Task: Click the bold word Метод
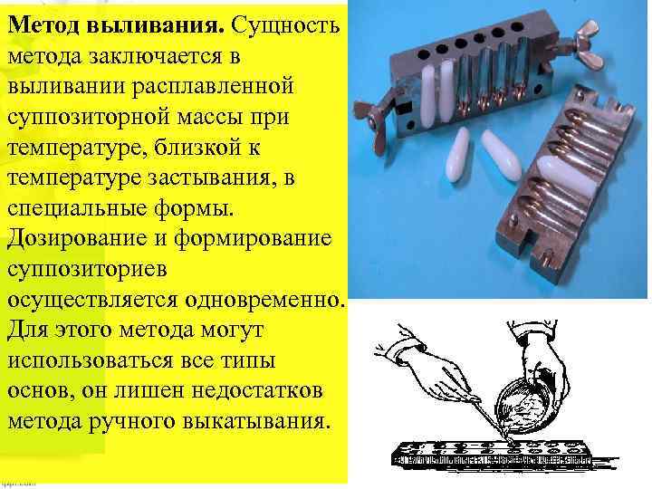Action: click(43, 25)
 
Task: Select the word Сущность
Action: click(285, 25)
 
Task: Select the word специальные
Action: click(77, 209)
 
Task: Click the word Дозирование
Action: click(77, 239)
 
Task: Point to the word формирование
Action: click(253, 239)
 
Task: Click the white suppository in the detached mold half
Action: click(563, 178)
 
